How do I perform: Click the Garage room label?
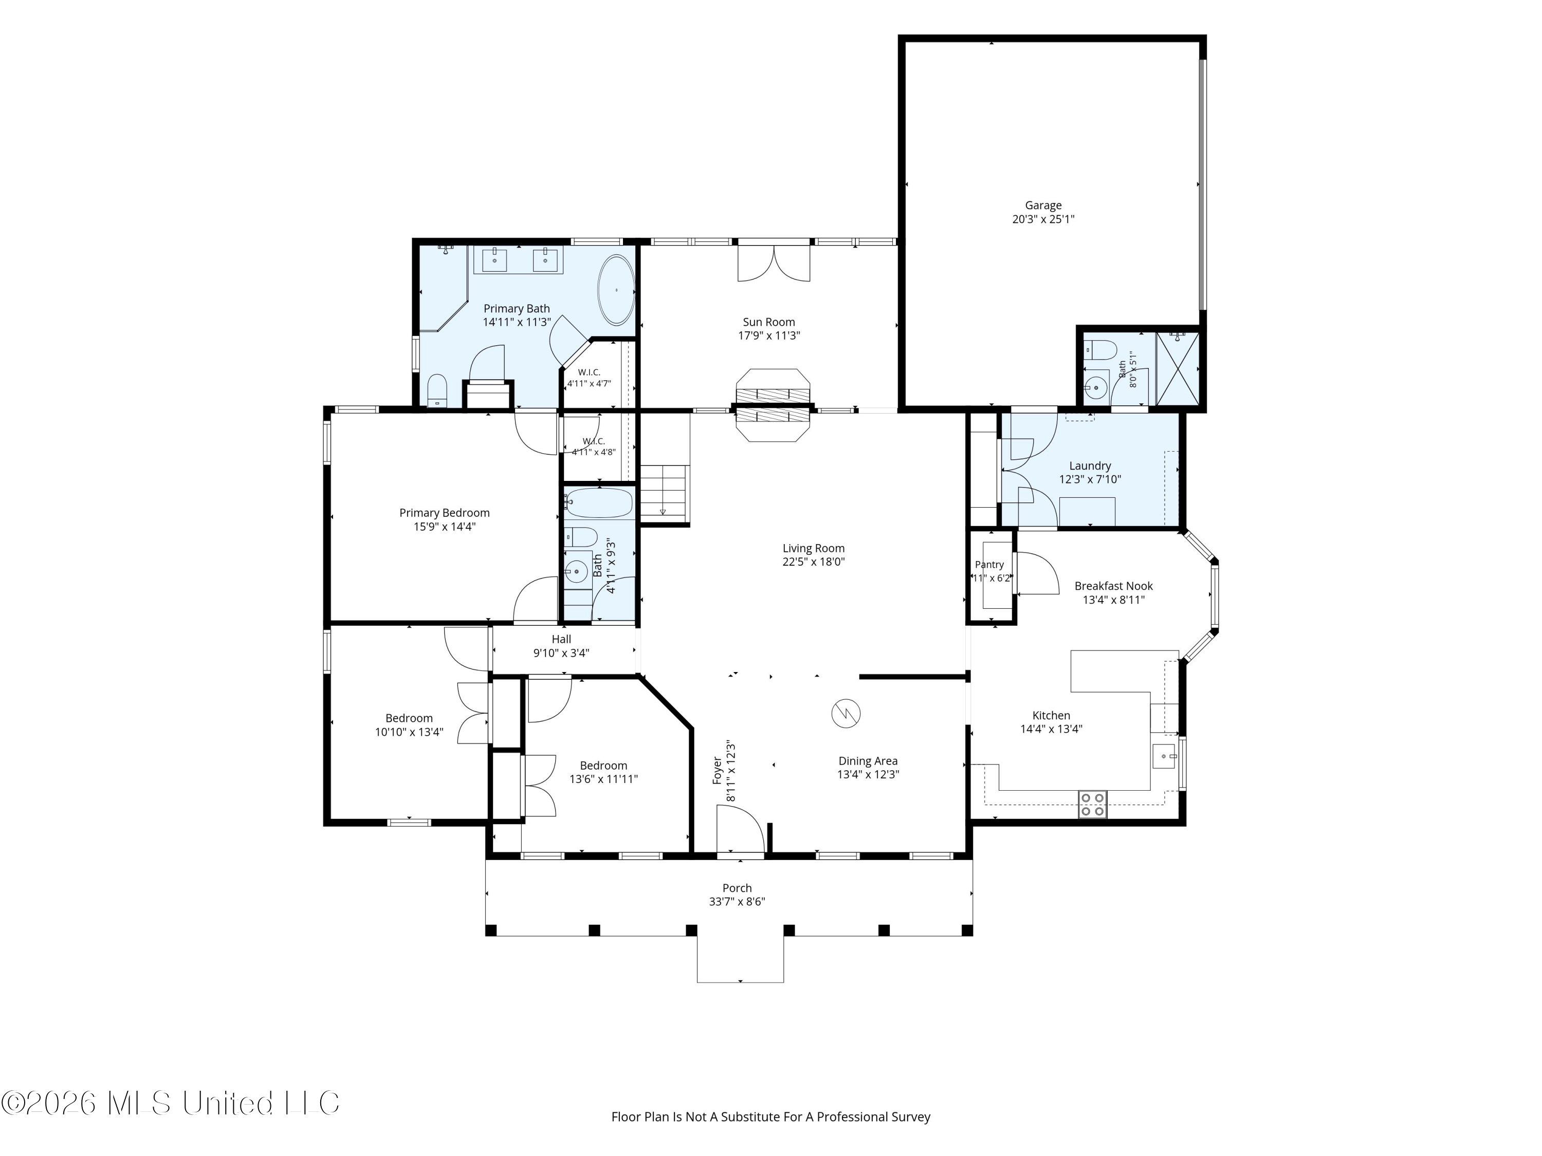[x=1043, y=206]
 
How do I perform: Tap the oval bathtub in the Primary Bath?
[x=616, y=290]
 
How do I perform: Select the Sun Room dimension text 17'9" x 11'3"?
[x=769, y=335]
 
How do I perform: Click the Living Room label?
[x=814, y=548]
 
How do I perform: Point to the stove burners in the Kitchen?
[x=1092, y=804]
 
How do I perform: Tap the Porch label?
[x=737, y=888]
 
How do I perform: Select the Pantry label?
[x=989, y=565]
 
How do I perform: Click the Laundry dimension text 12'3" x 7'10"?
[x=1090, y=479]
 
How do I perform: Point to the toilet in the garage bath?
[x=1099, y=348]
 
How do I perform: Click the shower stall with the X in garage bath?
[x=1178, y=368]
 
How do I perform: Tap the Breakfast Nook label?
[x=1113, y=586]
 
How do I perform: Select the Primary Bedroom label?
[x=444, y=513]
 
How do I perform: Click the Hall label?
[x=561, y=639]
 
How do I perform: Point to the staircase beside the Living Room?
[x=664, y=491]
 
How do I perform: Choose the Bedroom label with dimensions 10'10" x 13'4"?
[x=409, y=718]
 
